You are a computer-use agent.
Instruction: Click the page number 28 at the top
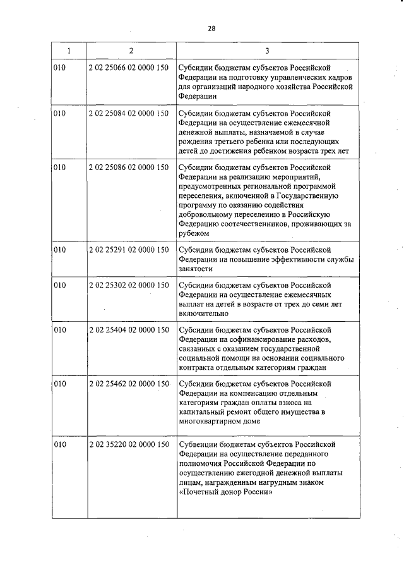[211, 28]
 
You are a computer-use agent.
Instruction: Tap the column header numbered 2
[130, 50]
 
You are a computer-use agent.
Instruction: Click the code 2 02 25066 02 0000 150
[129, 68]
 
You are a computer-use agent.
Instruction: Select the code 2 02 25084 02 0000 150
[129, 114]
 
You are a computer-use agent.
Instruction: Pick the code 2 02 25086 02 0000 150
[129, 167]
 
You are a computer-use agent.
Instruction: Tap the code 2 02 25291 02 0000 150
[129, 250]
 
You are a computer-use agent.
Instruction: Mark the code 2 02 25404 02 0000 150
[129, 331]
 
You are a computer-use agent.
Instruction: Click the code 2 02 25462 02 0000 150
[129, 384]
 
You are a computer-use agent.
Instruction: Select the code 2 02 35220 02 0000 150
[129, 445]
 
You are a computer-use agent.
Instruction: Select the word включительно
[203, 313]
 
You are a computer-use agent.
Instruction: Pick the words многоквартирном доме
[220, 422]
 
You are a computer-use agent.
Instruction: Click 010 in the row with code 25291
[60, 250]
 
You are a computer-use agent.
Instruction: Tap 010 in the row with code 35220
[60, 445]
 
